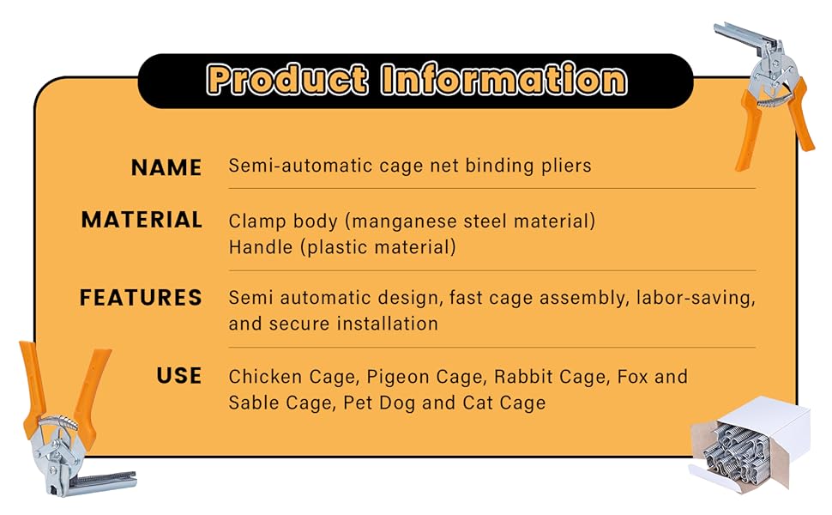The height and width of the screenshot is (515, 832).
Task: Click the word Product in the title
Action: (x=286, y=80)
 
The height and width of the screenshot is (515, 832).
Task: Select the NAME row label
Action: (x=166, y=167)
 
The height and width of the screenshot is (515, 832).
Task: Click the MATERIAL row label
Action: (x=142, y=220)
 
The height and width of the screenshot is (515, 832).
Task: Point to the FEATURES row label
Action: (x=141, y=298)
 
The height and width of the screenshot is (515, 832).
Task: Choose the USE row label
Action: (x=178, y=376)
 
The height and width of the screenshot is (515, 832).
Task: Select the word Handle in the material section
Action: (x=261, y=247)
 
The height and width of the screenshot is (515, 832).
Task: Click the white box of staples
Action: (x=750, y=442)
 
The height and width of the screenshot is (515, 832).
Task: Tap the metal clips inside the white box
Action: (x=737, y=451)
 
